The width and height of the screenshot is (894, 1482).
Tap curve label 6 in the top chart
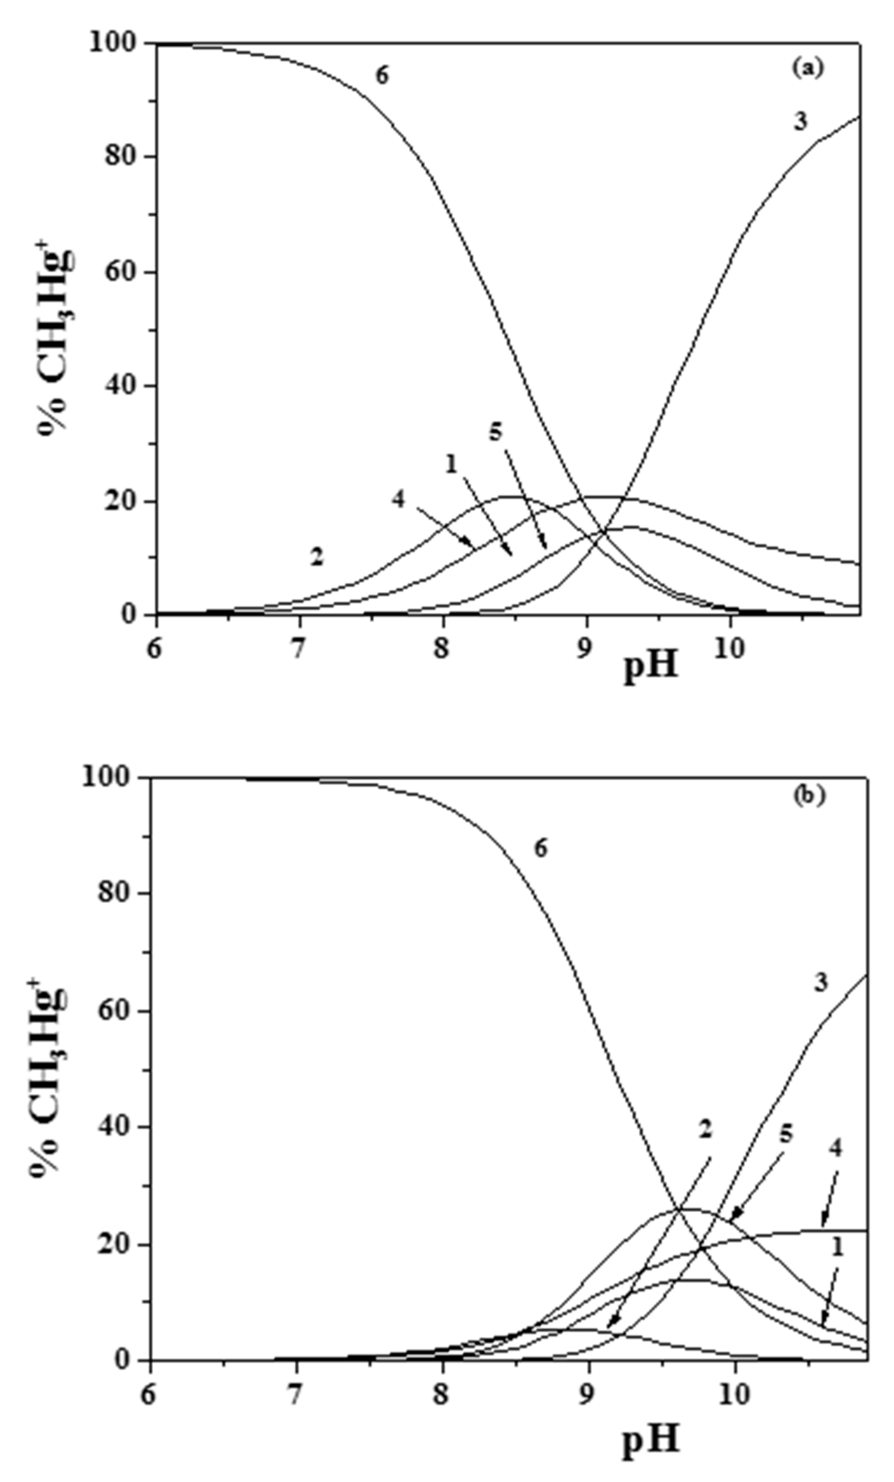[382, 76]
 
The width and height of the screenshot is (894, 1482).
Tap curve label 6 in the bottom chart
[540, 849]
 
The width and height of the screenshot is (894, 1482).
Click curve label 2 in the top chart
[317, 557]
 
